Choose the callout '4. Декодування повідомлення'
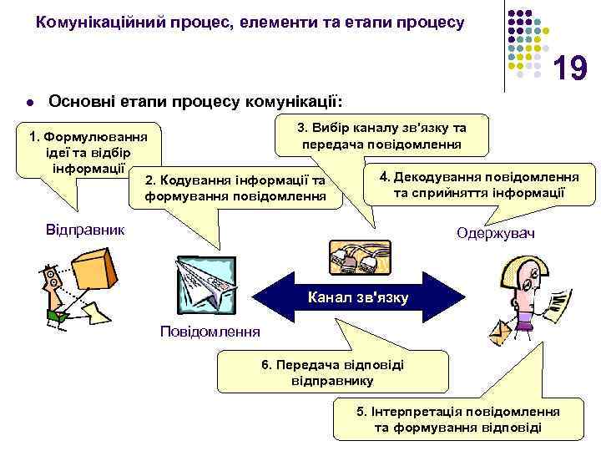(x=480, y=185)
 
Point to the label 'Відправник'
(x=83, y=228)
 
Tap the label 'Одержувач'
(x=496, y=235)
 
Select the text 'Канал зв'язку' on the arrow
(x=358, y=296)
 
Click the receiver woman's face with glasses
(x=524, y=284)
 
